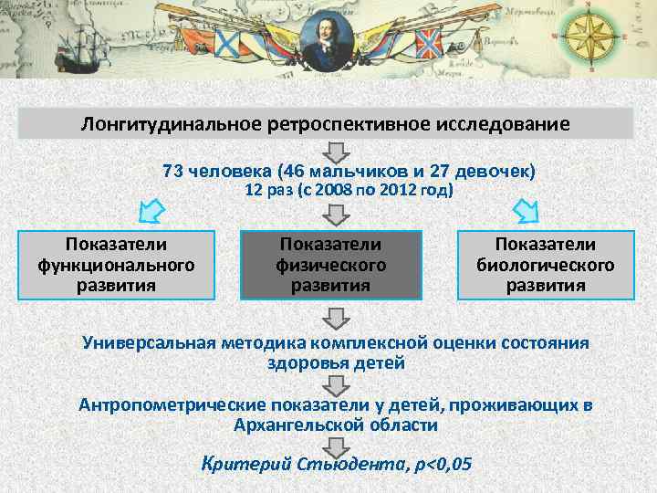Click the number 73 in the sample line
click(172, 171)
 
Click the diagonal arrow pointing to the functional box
click(151, 213)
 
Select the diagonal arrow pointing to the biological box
click(527, 212)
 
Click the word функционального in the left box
click(116, 265)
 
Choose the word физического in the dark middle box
click(331, 265)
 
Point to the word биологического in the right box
click(546, 265)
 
